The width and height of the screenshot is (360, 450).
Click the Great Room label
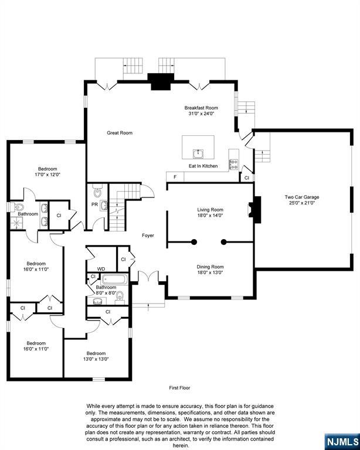tap(120, 133)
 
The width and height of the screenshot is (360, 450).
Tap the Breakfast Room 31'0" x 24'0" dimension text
tap(201, 113)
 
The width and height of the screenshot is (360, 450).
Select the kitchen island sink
tap(198, 154)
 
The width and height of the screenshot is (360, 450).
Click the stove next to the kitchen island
tap(233, 165)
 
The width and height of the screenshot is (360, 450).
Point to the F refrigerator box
tap(175, 177)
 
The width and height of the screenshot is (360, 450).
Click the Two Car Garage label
tap(302, 197)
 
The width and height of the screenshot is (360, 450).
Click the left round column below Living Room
tap(194, 242)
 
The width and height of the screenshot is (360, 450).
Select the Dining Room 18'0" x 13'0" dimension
tap(210, 272)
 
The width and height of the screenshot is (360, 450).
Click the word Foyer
tap(148, 236)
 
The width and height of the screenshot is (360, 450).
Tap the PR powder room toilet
tap(98, 192)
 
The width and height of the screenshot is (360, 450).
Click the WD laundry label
tap(101, 269)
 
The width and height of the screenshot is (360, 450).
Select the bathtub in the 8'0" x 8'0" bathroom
tap(114, 279)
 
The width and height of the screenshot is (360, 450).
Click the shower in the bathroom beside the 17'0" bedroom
tap(16, 223)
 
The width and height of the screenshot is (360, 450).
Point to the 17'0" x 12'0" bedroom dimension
tap(47, 175)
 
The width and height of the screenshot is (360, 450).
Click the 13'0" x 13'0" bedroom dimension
tap(96, 359)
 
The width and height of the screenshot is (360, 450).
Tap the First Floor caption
tap(180, 388)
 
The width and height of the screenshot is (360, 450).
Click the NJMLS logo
tap(342, 441)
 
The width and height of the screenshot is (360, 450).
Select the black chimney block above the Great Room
tap(161, 82)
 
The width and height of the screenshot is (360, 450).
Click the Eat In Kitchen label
tap(203, 166)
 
